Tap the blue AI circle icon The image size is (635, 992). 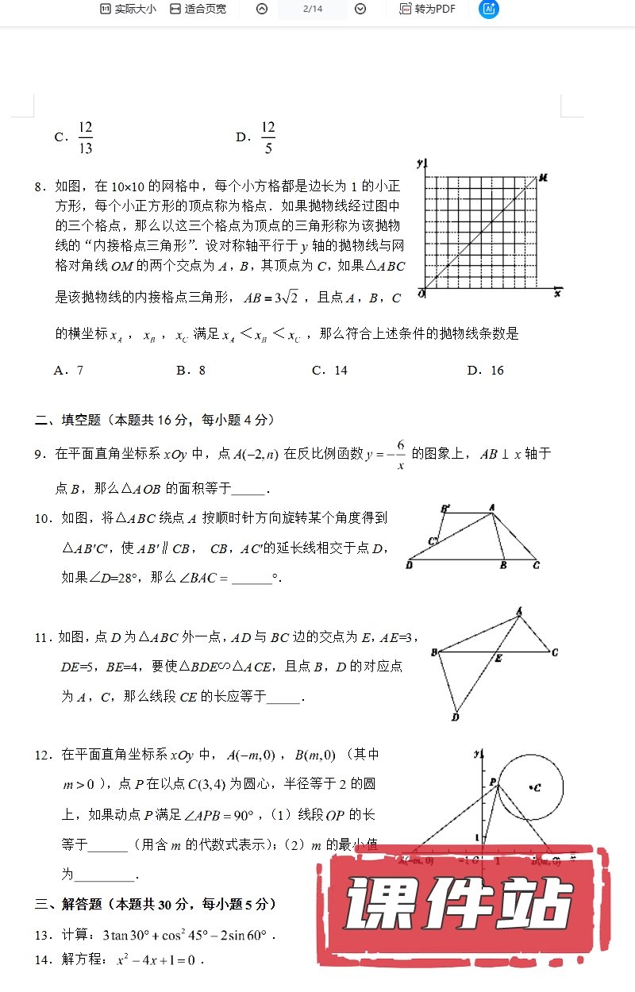click(x=489, y=9)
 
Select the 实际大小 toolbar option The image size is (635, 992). click(x=128, y=9)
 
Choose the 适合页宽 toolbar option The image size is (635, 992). click(x=198, y=9)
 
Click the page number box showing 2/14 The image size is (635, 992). click(x=311, y=9)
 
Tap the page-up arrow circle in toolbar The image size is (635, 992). click(x=262, y=9)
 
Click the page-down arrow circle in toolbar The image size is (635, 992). click(x=360, y=9)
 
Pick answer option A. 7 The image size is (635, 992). click(x=68, y=370)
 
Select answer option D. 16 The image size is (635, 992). click(x=485, y=370)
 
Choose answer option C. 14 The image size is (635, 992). click(x=329, y=370)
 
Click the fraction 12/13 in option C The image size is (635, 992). click(x=86, y=137)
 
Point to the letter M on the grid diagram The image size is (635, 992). click(x=544, y=178)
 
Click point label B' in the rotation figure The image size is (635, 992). click(x=445, y=508)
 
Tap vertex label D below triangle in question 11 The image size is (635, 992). click(x=456, y=718)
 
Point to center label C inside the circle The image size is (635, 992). click(x=537, y=787)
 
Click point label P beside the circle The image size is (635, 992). click(x=493, y=782)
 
